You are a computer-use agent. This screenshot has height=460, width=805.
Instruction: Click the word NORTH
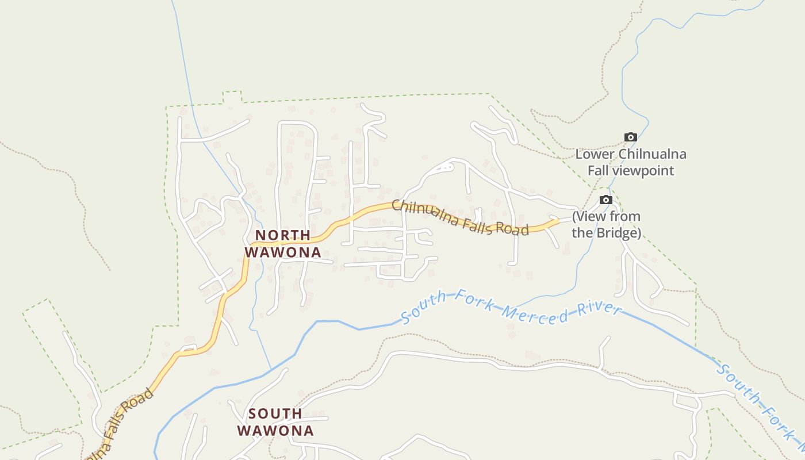click(283, 235)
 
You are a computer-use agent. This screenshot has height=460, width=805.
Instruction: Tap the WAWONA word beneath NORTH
click(283, 252)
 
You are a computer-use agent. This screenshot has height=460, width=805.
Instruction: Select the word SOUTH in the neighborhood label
click(275, 413)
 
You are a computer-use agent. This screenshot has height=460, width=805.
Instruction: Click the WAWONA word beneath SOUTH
click(275, 431)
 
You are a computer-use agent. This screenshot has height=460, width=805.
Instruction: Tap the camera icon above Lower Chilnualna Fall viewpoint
click(631, 137)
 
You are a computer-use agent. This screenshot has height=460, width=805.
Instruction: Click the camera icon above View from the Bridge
click(606, 200)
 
